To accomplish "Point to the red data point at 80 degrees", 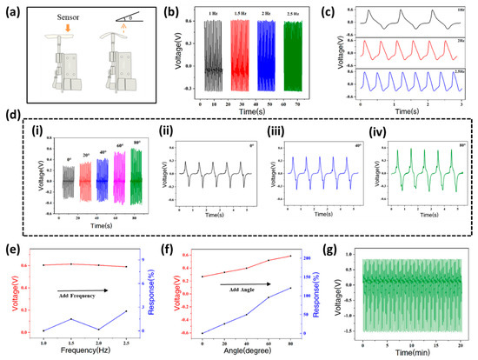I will (289, 256).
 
